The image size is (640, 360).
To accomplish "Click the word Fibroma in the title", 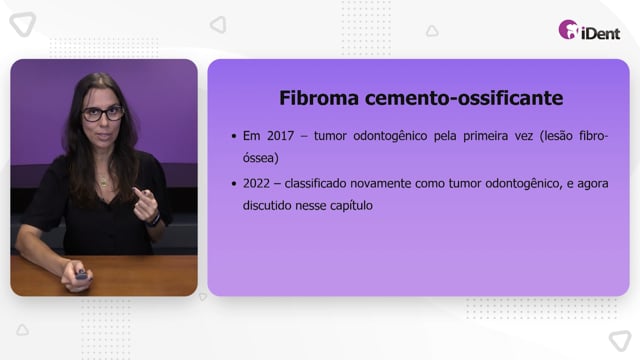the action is click(x=319, y=98).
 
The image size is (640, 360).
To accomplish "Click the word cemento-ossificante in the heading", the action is click(x=464, y=98).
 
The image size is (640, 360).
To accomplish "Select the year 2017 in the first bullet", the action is click(x=280, y=136).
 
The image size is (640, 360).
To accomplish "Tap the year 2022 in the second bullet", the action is click(x=256, y=184).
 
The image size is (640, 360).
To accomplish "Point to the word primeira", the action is click(x=485, y=136).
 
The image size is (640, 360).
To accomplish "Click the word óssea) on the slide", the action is click(x=261, y=158).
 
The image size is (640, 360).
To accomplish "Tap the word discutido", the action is click(x=265, y=205).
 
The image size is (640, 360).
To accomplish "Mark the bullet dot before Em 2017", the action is click(x=234, y=136).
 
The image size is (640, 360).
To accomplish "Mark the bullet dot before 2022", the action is click(x=234, y=184).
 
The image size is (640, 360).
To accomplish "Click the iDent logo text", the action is click(x=600, y=33).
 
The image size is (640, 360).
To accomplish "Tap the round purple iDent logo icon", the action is click(x=568, y=30).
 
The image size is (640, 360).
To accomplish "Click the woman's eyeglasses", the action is click(x=102, y=113).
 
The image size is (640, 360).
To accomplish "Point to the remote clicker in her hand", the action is click(x=82, y=275).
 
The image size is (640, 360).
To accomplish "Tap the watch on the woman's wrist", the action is click(x=154, y=220).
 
